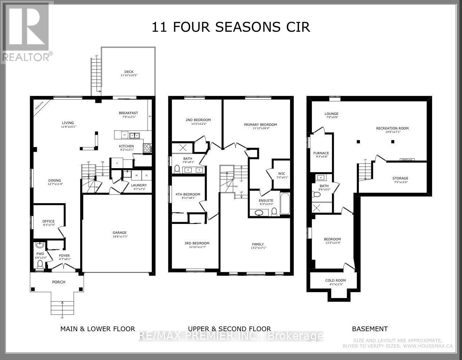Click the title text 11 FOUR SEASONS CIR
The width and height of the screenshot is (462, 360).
[231, 27]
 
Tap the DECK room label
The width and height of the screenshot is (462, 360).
[129, 72]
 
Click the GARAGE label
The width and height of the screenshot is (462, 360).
[120, 233]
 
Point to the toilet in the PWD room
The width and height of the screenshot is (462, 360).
[40, 263]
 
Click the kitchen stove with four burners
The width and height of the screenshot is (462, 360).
[147, 148]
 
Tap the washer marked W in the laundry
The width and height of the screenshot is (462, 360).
[136, 175]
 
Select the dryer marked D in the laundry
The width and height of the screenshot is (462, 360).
[146, 175]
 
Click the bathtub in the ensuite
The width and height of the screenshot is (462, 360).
[285, 205]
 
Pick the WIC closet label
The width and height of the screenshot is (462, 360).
[281, 174]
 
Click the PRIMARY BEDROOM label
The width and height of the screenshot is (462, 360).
[260, 125]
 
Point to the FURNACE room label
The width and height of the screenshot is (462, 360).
[321, 153]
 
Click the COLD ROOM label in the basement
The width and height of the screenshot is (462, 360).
[335, 280]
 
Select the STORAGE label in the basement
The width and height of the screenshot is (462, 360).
[400, 178]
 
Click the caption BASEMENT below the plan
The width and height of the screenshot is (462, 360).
[369, 329]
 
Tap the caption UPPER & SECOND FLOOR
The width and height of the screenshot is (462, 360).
[229, 329]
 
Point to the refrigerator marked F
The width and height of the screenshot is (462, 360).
[117, 163]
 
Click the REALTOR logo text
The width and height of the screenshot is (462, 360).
[26, 57]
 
